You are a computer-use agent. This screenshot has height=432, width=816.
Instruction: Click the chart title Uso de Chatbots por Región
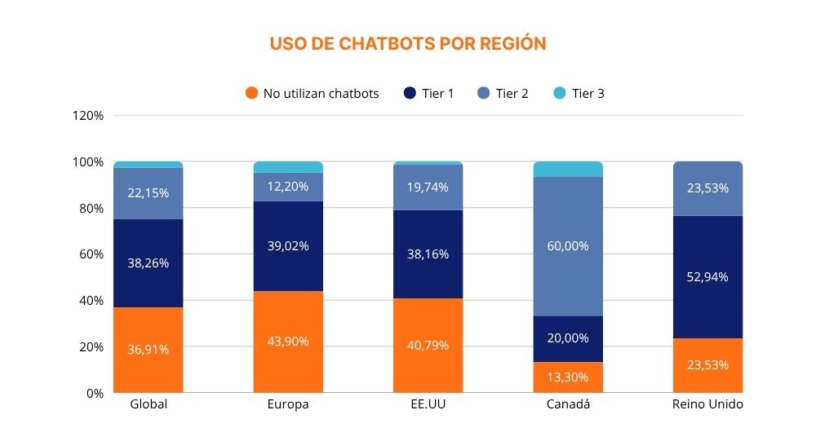407,43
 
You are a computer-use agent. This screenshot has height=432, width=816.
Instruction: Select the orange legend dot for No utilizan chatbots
252,93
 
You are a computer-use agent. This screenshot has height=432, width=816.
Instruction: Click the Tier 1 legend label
438,93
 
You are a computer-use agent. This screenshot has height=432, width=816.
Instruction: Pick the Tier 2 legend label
512,93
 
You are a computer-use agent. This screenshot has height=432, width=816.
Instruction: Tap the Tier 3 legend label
588,93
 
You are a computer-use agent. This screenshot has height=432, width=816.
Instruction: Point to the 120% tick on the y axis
88,116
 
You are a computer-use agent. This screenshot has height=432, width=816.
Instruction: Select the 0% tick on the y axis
95,393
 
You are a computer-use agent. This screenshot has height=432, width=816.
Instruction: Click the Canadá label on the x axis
568,405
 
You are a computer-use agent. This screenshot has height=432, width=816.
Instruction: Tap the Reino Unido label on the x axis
707,405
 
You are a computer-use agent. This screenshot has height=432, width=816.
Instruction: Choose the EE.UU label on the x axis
428,405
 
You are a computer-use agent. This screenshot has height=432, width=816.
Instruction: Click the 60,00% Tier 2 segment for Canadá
568,246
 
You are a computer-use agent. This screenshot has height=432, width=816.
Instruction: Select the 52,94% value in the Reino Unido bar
707,277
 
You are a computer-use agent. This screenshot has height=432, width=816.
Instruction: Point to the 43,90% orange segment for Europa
288,342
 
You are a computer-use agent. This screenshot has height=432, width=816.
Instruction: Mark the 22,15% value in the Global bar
149,192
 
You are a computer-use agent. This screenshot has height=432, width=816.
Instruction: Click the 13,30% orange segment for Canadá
568,377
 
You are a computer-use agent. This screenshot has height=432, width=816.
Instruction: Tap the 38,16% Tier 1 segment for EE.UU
428,253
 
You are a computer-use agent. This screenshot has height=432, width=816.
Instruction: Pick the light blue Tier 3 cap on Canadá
568,169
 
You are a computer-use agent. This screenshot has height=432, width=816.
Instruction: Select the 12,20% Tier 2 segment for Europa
288,187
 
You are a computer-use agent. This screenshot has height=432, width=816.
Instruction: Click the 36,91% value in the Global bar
149,350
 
